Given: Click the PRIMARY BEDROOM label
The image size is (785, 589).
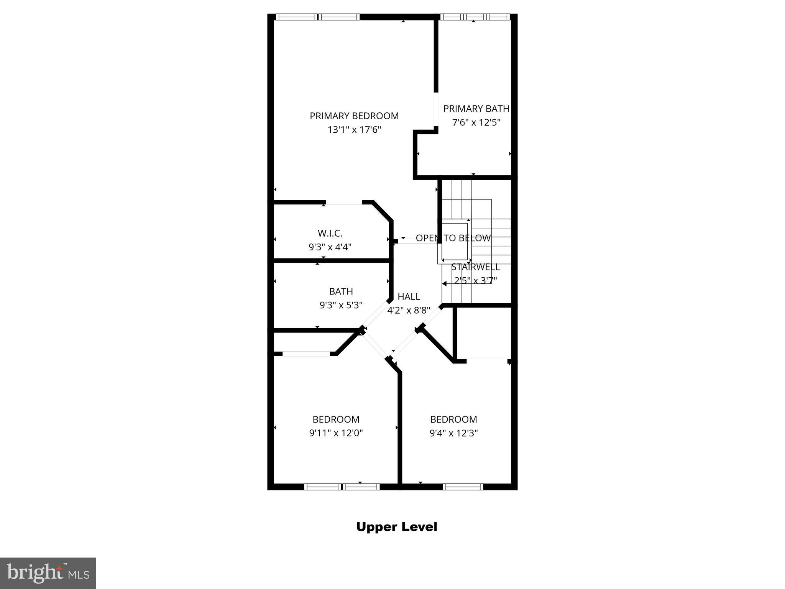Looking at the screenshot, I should [354, 116].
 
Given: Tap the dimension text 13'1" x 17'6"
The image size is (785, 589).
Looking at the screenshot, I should [354, 130].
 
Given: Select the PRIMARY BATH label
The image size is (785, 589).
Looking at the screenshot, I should [476, 109].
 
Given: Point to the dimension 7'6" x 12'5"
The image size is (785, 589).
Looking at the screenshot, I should [476, 123].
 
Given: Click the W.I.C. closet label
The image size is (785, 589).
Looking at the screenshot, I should [330, 233].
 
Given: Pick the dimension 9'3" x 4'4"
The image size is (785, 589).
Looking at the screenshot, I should [330, 247].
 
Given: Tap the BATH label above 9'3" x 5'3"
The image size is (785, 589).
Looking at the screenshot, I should [341, 291].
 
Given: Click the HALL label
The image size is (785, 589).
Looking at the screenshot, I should [409, 296].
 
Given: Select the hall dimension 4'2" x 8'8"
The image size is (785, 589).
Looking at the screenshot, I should [409, 310].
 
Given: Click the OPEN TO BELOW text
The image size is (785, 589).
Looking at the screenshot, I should [453, 238].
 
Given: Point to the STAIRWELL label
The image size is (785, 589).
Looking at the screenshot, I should [475, 267].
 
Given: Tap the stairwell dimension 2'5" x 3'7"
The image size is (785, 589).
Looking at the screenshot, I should [475, 281].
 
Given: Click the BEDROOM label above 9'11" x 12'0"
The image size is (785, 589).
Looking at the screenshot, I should [336, 419].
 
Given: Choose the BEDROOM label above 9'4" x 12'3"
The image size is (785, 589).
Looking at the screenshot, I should [453, 419].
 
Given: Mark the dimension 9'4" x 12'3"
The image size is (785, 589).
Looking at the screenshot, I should [453, 433].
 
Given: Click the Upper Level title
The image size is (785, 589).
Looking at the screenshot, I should [396, 527].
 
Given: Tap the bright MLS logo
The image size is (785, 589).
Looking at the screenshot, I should [48, 573].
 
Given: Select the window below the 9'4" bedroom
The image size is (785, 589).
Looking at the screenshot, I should [463, 487].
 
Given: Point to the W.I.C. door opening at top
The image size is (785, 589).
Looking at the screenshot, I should [344, 202].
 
